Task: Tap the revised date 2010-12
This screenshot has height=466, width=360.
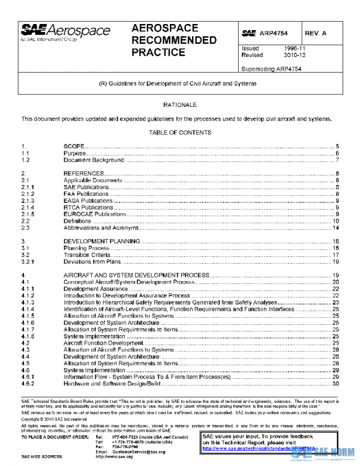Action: click(295, 55)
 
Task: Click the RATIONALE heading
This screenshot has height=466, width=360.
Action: click(179, 104)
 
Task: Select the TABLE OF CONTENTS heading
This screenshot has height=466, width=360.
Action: click(179, 132)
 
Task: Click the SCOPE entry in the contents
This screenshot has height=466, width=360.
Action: click(74, 147)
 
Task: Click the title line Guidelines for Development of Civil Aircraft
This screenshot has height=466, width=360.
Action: click(179, 83)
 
